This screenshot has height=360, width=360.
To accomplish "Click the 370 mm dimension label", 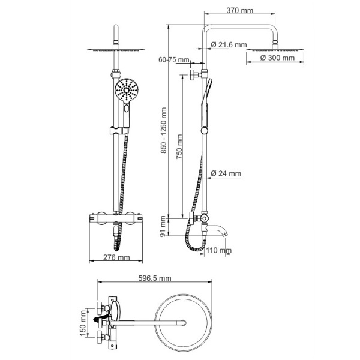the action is click(239, 11).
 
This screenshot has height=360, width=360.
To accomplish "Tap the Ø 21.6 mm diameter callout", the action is click(229, 44).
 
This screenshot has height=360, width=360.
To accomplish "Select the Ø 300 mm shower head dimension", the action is click(277, 58).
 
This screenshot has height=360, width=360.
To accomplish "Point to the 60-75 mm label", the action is click(174, 59).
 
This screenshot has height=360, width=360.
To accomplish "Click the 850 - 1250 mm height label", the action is click(163, 130).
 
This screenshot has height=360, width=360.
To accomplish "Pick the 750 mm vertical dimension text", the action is click(179, 147).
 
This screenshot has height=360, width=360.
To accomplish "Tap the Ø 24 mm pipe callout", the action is click(226, 173).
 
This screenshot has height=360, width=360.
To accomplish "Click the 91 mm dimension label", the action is click(163, 226).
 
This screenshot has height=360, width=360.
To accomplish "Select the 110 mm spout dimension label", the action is click(219, 250).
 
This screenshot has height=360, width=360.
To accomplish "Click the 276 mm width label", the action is click(116, 257).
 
